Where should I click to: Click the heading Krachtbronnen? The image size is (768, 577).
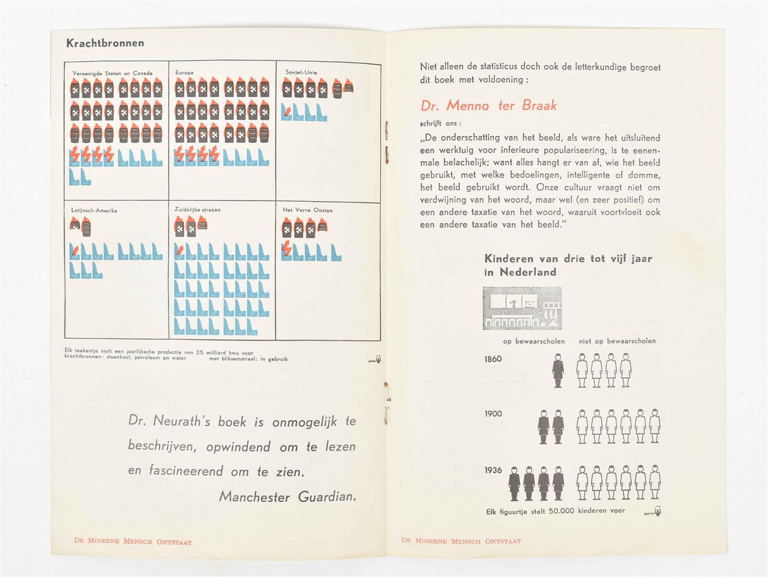[105, 43]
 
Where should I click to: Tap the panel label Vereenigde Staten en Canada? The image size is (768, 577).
[112, 73]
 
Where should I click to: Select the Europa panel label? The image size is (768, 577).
[184, 72]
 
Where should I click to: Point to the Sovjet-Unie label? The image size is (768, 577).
[301, 72]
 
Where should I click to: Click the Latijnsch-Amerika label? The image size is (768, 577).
[94, 210]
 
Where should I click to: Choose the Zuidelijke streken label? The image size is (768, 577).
[197, 209]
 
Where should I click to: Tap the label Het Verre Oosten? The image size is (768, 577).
[308, 210]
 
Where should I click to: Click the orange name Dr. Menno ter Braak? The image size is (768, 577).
[488, 105]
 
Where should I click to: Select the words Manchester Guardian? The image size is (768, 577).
[287, 497]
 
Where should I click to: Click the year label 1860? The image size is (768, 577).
[493, 359]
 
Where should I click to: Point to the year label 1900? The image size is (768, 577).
[493, 414]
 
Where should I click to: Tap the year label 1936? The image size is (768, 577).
[493, 470]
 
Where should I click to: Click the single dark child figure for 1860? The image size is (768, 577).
[558, 370]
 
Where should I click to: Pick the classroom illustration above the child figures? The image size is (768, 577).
[522, 308]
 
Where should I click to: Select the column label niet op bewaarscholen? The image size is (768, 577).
[617, 341]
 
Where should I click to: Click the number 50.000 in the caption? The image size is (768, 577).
[561, 511]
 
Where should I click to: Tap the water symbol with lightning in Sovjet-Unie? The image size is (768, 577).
[287, 112]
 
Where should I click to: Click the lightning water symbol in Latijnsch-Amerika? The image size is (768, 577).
[75, 251]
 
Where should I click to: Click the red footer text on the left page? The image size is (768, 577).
[132, 541]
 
